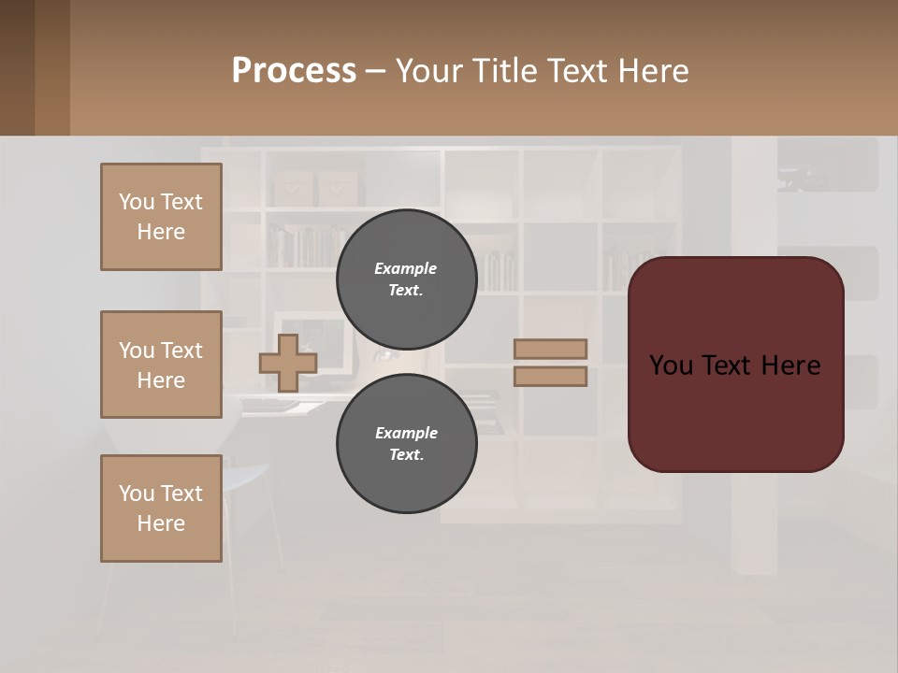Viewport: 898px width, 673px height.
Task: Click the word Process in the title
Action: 294,71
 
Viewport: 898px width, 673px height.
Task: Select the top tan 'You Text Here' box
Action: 161,217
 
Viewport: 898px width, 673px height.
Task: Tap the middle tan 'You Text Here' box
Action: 161,365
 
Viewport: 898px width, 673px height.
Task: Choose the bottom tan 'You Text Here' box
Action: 161,508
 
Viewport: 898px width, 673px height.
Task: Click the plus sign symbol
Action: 288,363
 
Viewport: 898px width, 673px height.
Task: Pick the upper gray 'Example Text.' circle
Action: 406,279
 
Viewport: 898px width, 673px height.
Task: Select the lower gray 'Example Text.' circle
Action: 406,443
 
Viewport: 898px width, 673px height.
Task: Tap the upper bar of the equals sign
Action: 550,349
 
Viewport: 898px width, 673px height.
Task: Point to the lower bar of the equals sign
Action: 550,376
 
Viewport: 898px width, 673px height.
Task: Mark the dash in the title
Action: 375,72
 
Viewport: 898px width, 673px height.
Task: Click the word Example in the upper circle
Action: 406,268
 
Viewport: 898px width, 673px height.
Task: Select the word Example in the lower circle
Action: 406,433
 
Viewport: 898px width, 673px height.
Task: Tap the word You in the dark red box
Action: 671,365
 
